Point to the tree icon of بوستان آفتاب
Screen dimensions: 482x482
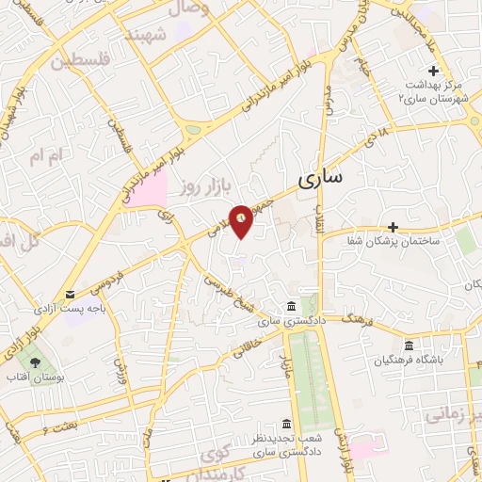pos(36,361)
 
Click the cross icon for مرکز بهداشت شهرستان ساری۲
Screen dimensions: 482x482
pos(434,71)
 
